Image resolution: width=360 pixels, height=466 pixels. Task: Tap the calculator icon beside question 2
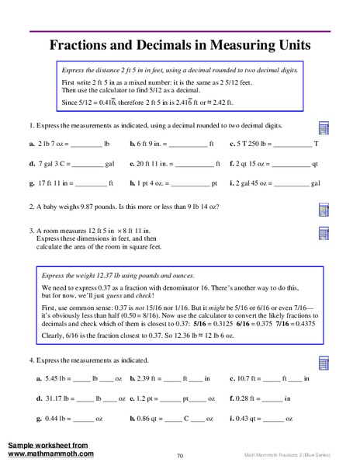[325, 210]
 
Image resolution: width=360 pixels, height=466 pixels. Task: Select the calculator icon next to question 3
[325, 233]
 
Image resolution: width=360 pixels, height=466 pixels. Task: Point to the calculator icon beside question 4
[325, 342]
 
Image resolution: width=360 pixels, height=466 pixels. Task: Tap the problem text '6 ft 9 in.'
[149, 144]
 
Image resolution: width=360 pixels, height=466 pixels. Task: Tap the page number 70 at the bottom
[179, 456]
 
